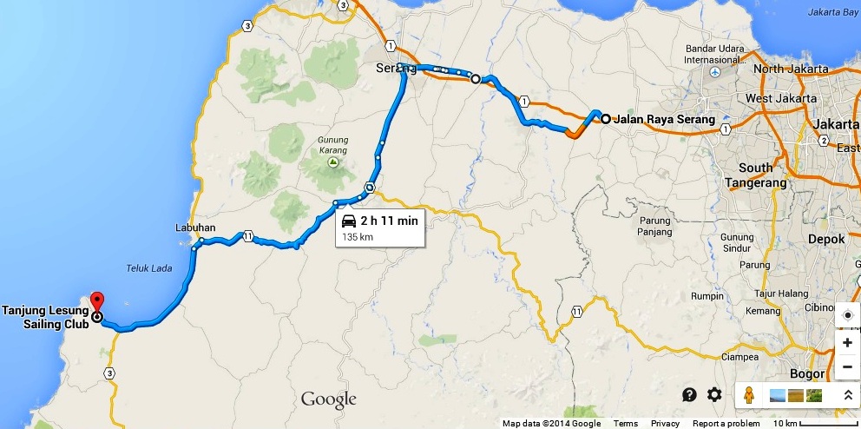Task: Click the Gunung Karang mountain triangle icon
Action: point(331,162)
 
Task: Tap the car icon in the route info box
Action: point(348,221)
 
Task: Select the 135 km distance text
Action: point(358,236)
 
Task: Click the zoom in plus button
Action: point(847,342)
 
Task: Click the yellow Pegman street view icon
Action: point(748,395)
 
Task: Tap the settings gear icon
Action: point(714,395)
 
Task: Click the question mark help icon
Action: point(689,395)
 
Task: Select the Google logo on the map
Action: point(329,399)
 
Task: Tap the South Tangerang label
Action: point(755,175)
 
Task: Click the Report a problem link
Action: point(726,424)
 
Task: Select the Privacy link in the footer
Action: point(665,424)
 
